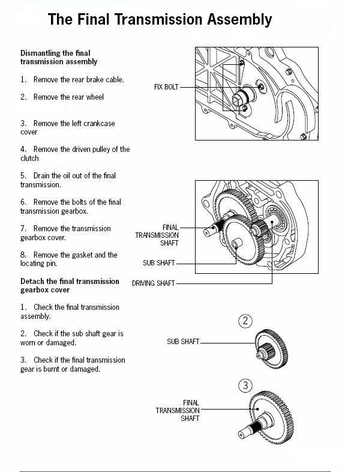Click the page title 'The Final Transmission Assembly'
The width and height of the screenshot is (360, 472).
click(x=160, y=20)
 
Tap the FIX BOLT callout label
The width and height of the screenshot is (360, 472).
click(x=166, y=87)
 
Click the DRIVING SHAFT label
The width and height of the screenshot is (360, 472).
click(x=154, y=283)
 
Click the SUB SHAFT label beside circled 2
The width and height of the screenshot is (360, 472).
click(x=182, y=342)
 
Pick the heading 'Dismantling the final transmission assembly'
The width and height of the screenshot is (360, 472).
click(x=59, y=57)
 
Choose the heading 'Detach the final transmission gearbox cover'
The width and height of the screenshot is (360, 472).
click(x=70, y=285)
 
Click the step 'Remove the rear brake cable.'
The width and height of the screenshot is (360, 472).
click(x=73, y=79)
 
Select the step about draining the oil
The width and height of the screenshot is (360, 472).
click(x=68, y=180)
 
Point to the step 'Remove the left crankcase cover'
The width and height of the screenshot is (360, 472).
click(x=68, y=127)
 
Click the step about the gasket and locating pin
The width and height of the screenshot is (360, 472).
click(x=69, y=259)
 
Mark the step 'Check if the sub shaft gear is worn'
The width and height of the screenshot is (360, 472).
click(x=72, y=337)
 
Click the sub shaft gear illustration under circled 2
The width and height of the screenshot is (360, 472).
click(x=271, y=345)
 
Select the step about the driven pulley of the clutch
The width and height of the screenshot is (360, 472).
click(x=75, y=154)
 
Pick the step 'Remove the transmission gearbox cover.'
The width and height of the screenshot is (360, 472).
click(x=66, y=233)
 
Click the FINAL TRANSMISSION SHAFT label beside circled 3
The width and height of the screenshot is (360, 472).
click(x=178, y=410)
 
